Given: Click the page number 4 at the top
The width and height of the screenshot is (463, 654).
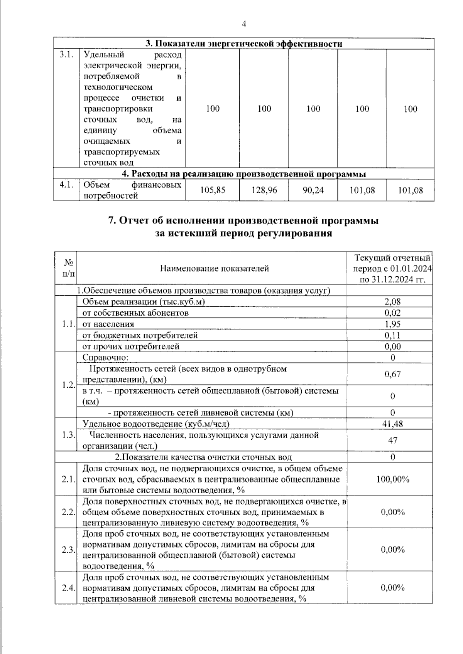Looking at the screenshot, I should click(x=243, y=24).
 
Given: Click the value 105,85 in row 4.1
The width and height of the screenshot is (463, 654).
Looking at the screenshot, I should click(x=213, y=190).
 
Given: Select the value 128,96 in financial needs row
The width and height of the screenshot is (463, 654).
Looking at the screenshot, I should click(x=264, y=190).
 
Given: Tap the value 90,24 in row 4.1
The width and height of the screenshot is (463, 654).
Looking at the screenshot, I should click(x=313, y=190).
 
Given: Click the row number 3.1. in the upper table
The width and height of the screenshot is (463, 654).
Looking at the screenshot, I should click(x=66, y=55).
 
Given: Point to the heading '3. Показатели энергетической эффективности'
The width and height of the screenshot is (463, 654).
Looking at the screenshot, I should click(x=243, y=44).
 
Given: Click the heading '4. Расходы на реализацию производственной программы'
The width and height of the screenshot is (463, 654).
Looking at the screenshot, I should click(x=243, y=174).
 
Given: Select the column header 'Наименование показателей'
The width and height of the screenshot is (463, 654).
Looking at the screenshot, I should click(x=214, y=268).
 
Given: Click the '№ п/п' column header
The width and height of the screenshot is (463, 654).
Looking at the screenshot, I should click(x=68, y=268).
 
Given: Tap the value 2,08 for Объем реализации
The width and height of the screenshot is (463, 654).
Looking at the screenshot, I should click(x=392, y=302).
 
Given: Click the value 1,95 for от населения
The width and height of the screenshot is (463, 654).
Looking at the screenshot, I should click(x=392, y=324).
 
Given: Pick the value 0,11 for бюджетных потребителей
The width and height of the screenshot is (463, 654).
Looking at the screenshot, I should click(x=392, y=335).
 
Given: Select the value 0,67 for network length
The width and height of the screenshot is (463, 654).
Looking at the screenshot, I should click(x=392, y=374).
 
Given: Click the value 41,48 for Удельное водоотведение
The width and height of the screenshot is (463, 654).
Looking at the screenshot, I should click(x=392, y=424).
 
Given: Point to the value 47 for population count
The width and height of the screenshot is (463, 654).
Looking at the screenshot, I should click(x=392, y=440).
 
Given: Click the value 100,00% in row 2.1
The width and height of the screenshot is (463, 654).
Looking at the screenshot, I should click(x=392, y=479).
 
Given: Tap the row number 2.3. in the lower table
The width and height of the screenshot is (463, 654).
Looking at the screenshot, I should click(x=68, y=550).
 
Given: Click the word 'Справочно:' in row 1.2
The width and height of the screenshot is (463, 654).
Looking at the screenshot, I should click(x=105, y=358).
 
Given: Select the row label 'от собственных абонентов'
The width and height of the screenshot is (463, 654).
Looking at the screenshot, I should click(x=135, y=313).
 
